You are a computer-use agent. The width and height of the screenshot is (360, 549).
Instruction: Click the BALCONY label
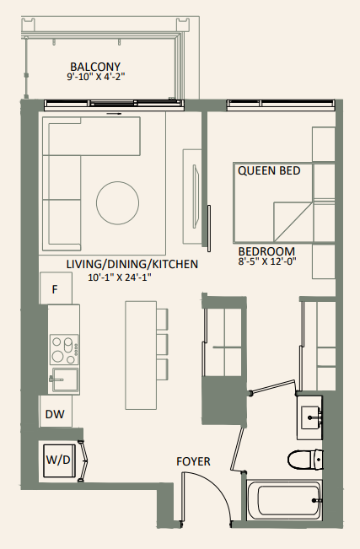95,67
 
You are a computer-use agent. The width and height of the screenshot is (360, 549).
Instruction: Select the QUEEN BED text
269,170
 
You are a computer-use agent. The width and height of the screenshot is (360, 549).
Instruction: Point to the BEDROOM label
266,251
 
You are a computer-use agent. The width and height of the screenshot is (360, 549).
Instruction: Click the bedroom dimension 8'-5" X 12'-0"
266,263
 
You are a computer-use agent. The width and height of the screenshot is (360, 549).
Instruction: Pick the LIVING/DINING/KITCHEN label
132,264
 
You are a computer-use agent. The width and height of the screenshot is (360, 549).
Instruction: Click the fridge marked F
56,289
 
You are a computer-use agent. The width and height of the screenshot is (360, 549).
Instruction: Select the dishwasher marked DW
56,413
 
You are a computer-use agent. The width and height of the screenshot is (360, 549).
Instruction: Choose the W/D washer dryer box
57,461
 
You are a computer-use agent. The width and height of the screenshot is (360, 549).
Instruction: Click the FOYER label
193,461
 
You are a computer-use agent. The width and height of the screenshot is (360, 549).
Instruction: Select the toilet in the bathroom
305,460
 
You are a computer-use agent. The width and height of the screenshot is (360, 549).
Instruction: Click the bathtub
285,501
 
